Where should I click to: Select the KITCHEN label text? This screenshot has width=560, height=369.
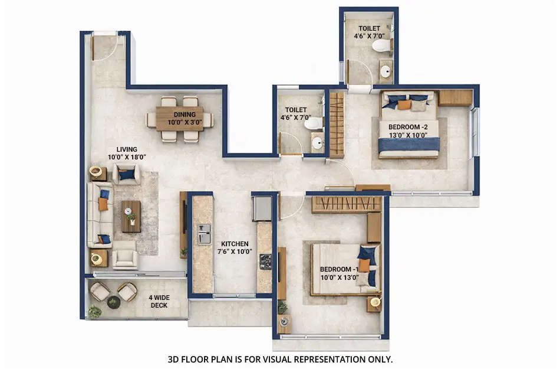[235, 247]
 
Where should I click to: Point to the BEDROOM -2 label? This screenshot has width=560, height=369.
[408, 131]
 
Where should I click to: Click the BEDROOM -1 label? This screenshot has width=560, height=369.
[339, 273]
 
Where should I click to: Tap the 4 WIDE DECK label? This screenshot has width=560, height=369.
[158, 301]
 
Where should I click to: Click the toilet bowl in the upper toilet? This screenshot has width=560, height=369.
[381, 45]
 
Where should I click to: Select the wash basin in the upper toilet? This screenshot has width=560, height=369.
[386, 71]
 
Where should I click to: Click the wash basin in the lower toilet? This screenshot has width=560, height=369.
[317, 143]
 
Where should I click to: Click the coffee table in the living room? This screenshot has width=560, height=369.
[131, 216]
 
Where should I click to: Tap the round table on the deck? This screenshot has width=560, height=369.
[113, 302]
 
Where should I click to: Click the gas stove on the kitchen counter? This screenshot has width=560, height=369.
[265, 261]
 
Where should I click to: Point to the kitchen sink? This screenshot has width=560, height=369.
[203, 234]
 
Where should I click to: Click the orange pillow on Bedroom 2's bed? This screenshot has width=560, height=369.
[404, 105]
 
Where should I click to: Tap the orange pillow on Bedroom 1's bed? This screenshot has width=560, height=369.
[365, 266]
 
